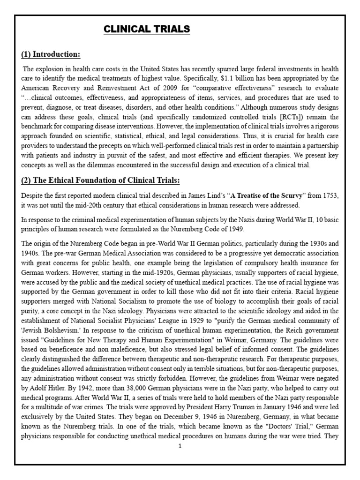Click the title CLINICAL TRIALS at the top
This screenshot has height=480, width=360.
[146, 30]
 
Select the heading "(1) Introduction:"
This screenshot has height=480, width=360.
[51, 55]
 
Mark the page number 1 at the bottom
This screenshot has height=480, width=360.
[180, 446]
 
